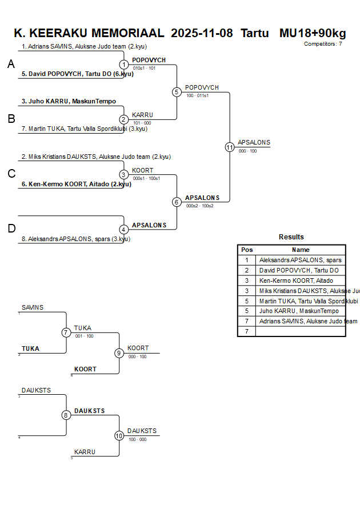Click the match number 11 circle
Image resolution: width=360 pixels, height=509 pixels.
pyautogui.click(x=230, y=147)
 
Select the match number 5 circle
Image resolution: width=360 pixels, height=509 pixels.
pyautogui.click(x=177, y=92)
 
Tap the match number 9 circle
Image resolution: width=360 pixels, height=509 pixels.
pyautogui.click(x=119, y=353)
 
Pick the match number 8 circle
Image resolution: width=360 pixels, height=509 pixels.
pyautogui.click(x=66, y=415)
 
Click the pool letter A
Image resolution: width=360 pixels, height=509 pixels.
pyautogui.click(x=11, y=65)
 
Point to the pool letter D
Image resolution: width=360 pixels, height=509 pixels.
pyautogui.click(x=11, y=229)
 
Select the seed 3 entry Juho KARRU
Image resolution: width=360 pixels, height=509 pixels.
pyautogui.click(x=69, y=101)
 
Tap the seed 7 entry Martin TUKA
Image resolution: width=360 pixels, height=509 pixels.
pyautogui.click(x=77, y=129)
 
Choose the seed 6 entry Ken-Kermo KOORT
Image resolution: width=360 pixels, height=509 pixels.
pyautogui.click(x=76, y=184)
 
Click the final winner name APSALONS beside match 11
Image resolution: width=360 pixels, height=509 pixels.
pyautogui.click(x=254, y=143)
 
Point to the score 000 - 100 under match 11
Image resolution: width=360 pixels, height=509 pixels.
pyautogui.click(x=247, y=151)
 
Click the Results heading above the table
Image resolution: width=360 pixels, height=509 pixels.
pyautogui.click(x=291, y=237)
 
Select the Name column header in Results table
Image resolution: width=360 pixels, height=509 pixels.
pyautogui.click(x=301, y=250)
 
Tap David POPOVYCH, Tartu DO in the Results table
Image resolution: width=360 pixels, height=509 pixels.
pyautogui.click(x=298, y=270)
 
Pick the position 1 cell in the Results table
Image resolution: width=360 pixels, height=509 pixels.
pyautogui.click(x=246, y=260)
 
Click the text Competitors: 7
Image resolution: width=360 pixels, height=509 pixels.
pyautogui.click(x=323, y=43)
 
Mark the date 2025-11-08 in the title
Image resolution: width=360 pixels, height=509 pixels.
pyautogui.click(x=202, y=33)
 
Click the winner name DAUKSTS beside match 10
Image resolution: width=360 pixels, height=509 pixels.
pyautogui.click(x=142, y=431)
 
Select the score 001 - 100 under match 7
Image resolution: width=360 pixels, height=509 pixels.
pyautogui.click(x=84, y=336)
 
